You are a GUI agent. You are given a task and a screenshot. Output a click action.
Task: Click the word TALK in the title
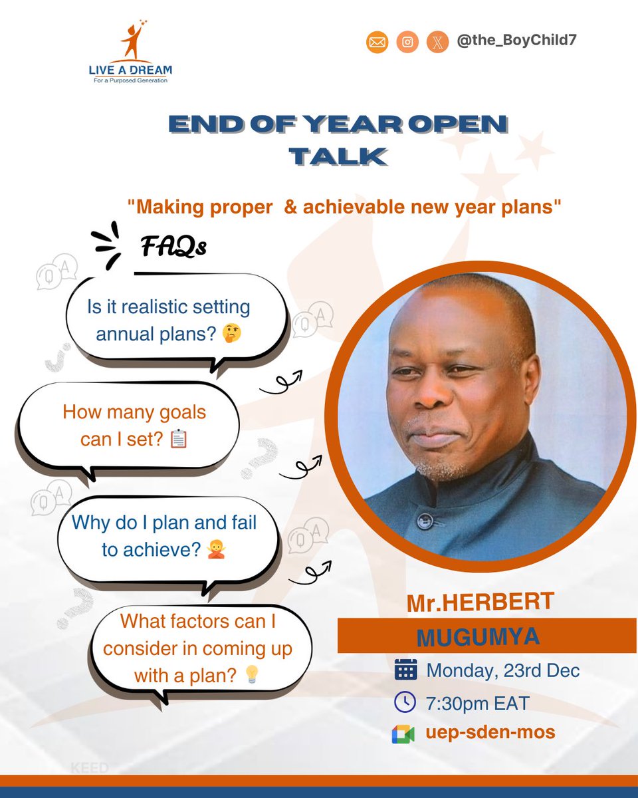(338, 156)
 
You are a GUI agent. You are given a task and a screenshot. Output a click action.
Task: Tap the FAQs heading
(173, 247)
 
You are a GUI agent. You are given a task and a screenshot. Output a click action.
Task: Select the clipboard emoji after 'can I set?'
(179, 439)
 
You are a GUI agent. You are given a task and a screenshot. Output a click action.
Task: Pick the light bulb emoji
(251, 676)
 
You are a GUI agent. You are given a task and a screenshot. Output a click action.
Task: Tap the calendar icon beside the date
(405, 669)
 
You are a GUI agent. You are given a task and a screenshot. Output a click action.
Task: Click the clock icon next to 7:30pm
(405, 702)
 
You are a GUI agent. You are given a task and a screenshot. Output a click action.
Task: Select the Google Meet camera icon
(403, 734)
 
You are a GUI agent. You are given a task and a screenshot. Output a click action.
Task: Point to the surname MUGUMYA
(478, 636)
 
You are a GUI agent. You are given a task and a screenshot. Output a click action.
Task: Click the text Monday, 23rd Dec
(503, 669)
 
